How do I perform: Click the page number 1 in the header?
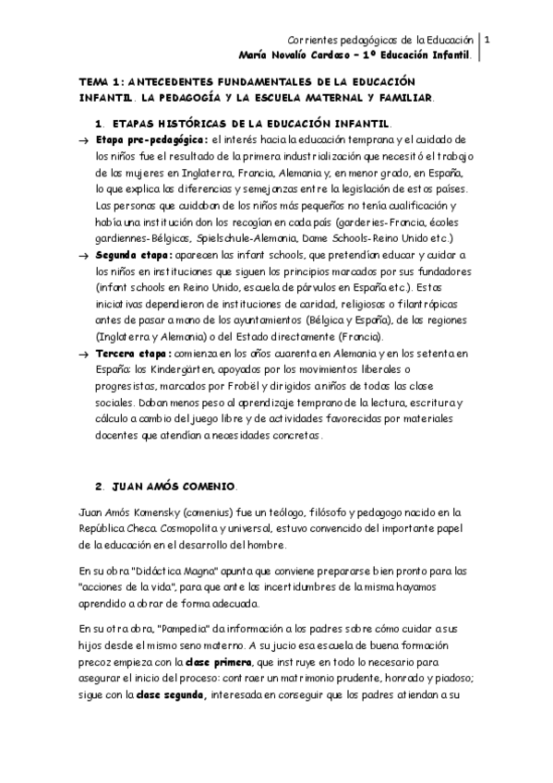(487, 40)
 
